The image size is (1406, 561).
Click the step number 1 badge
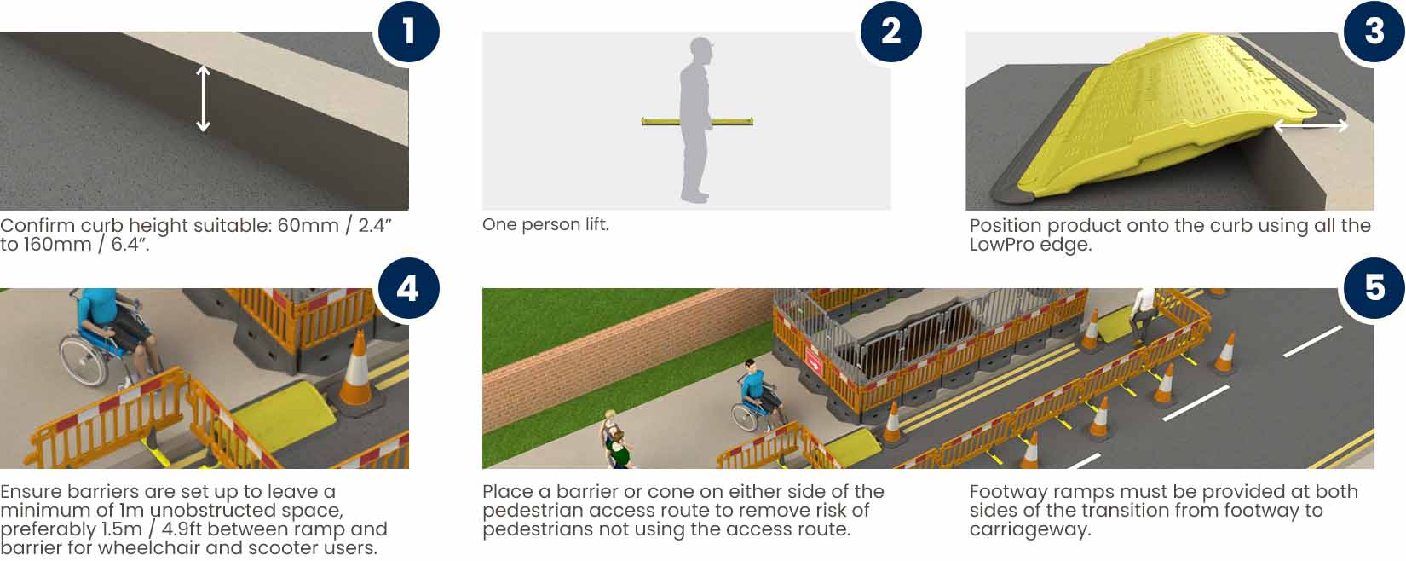409,31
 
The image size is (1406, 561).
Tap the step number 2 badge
890,31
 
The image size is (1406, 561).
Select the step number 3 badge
1374,31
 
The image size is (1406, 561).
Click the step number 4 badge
409,288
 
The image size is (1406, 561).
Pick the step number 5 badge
1374,288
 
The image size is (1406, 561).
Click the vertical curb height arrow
203,99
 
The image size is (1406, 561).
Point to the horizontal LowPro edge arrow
1311,126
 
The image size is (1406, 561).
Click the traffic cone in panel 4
357,371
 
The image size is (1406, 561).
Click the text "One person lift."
545,225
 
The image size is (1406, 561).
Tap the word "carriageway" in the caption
1030,529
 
